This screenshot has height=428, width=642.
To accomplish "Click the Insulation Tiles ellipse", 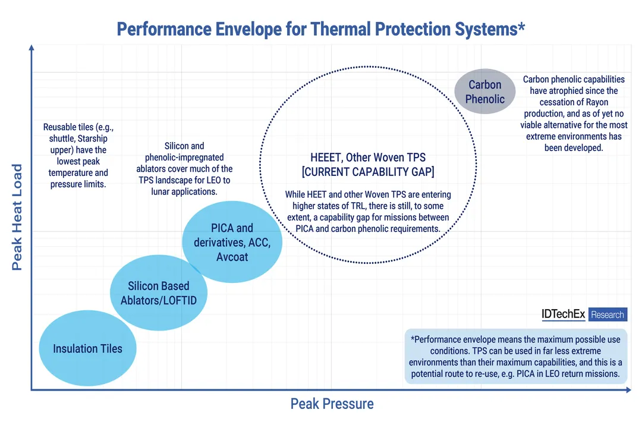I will (87, 349).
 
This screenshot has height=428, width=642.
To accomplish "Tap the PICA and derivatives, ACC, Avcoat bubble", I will (231, 243).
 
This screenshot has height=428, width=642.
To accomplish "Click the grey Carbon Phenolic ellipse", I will (484, 92).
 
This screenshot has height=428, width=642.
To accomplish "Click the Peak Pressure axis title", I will (332, 404).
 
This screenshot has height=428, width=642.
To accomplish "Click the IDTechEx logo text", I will (563, 314).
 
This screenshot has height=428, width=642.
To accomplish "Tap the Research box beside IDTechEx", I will (608, 314).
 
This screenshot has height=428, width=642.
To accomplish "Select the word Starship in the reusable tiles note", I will (92, 139).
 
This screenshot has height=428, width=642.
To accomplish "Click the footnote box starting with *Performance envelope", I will (515, 356).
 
